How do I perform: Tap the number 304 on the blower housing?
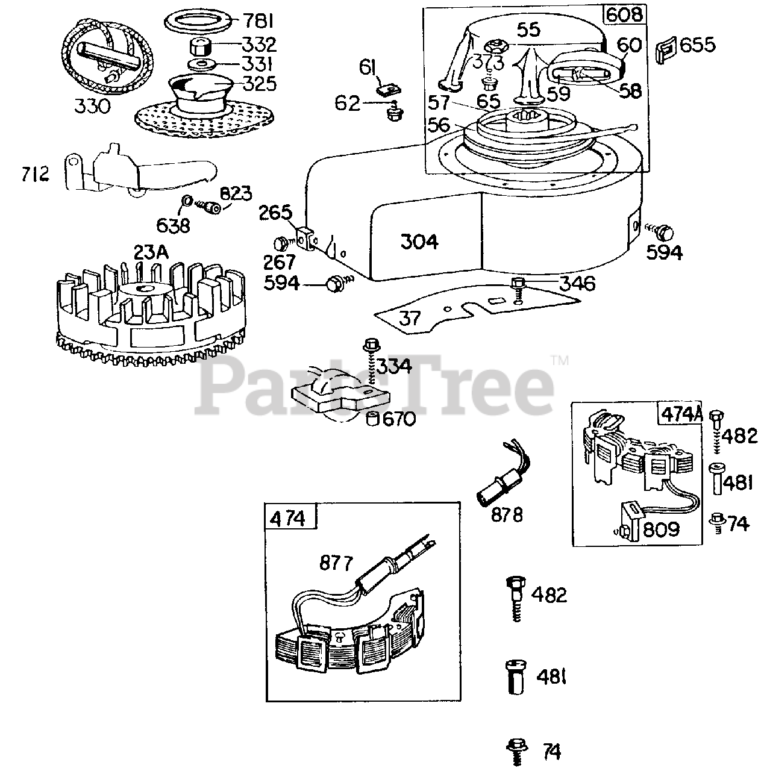(419, 242)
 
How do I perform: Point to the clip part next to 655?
(665, 46)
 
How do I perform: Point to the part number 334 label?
(395, 366)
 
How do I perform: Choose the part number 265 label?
(275, 213)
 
